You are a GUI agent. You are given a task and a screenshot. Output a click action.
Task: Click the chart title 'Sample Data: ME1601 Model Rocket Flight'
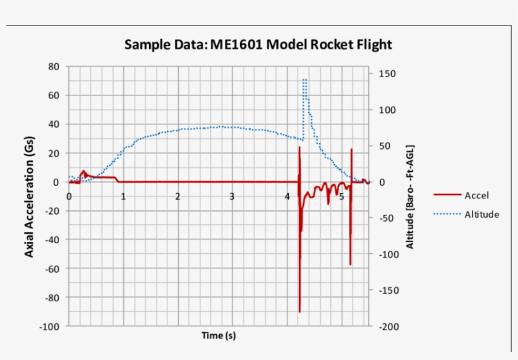pos(258,45)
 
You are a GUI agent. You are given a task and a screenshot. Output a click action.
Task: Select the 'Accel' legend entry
pos(476,195)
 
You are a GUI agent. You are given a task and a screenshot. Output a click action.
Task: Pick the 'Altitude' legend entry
pos(481,214)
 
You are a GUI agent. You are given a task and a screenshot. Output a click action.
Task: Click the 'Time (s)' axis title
pos(219,335)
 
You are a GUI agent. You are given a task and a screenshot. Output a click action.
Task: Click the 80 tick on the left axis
pos(54,66)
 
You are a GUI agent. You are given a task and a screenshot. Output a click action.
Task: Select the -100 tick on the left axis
pos(50,326)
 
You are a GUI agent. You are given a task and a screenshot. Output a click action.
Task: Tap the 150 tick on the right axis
pos(387,74)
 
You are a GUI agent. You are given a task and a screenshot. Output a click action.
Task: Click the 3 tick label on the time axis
pos(232,196)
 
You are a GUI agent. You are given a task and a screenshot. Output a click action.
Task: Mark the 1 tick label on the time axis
pos(123,196)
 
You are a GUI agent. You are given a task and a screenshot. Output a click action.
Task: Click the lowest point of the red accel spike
pos(299,311)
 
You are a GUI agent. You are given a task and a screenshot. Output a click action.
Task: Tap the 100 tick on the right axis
pos(387,110)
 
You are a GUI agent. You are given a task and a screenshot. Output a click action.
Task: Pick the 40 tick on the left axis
pos(54,124)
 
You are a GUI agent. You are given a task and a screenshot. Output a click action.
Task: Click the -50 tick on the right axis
pos(387,218)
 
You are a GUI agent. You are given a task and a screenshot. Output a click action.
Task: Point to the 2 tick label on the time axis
pos(178,196)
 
